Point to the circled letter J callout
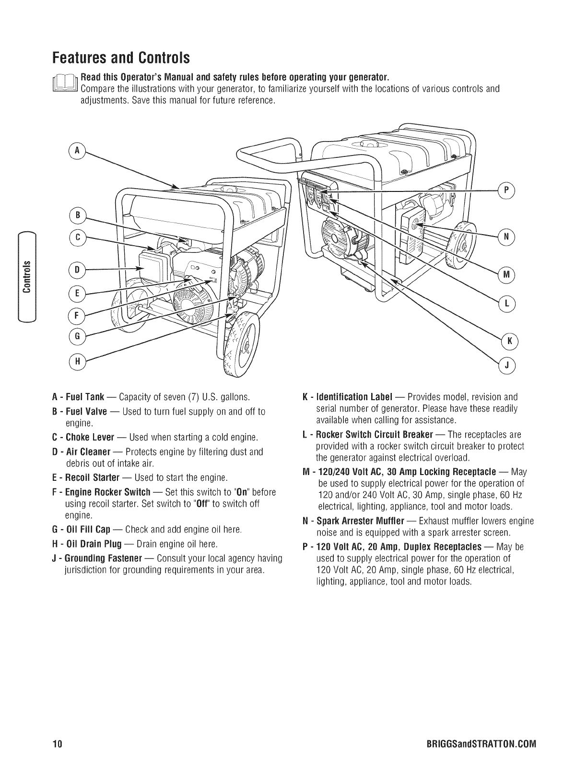click(507, 366)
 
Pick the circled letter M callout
click(506, 274)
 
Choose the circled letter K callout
click(509, 341)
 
